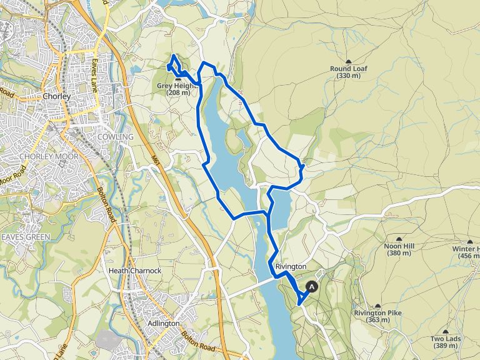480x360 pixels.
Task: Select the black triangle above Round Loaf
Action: tap(348, 61)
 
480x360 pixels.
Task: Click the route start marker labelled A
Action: tap(312, 286)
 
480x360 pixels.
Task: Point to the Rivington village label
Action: tap(291, 266)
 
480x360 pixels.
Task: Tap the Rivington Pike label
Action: tap(377, 313)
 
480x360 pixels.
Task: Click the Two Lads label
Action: tap(445, 339)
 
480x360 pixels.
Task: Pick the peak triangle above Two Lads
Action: tap(445, 332)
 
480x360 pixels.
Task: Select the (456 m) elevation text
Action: tap(469, 256)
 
